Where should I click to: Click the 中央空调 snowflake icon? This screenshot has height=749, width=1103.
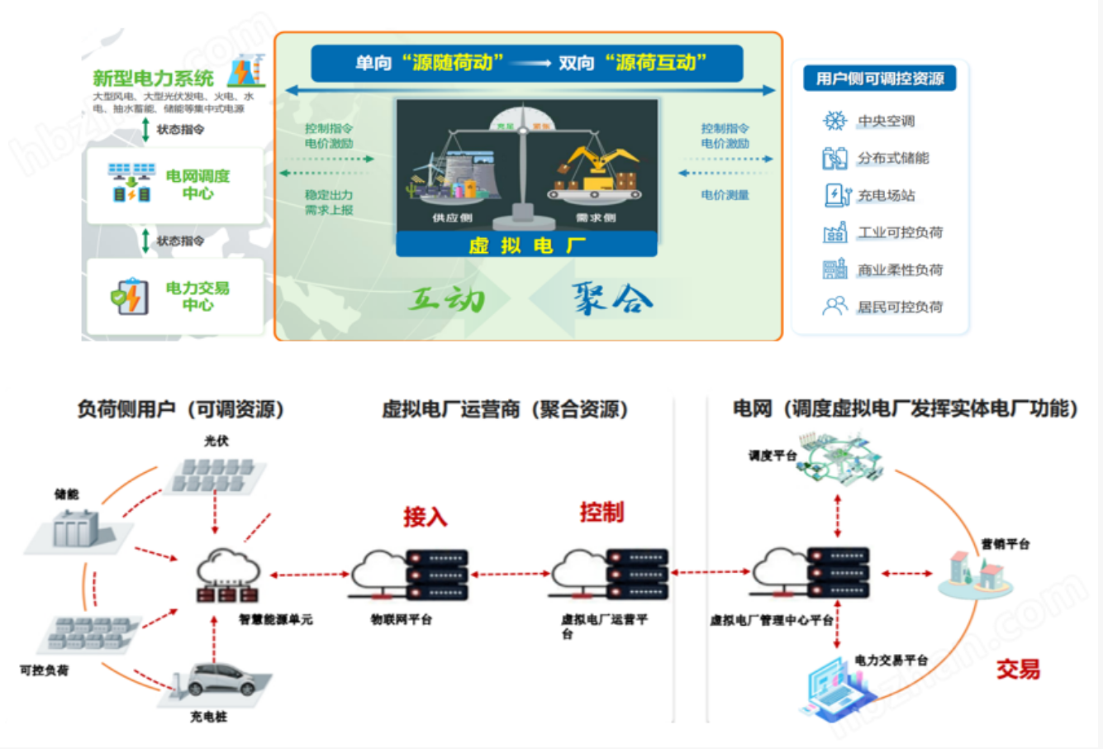[834, 121]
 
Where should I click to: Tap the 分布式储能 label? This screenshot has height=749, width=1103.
[892, 158]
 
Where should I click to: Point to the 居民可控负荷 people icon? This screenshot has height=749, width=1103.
[834, 307]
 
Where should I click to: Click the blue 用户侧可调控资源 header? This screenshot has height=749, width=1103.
[880, 79]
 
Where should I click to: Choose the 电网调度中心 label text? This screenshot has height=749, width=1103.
[197, 184]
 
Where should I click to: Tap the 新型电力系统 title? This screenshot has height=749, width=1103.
[153, 79]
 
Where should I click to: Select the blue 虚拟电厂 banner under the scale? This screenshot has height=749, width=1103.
[526, 245]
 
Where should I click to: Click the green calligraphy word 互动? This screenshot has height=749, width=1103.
[447, 298]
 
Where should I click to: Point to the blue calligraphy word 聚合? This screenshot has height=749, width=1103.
[612, 298]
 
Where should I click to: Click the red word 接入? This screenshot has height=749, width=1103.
[425, 518]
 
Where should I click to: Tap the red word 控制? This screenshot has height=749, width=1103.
[601, 513]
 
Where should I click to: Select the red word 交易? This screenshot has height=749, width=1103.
[1018, 669]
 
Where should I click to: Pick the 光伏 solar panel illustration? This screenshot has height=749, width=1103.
[216, 476]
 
